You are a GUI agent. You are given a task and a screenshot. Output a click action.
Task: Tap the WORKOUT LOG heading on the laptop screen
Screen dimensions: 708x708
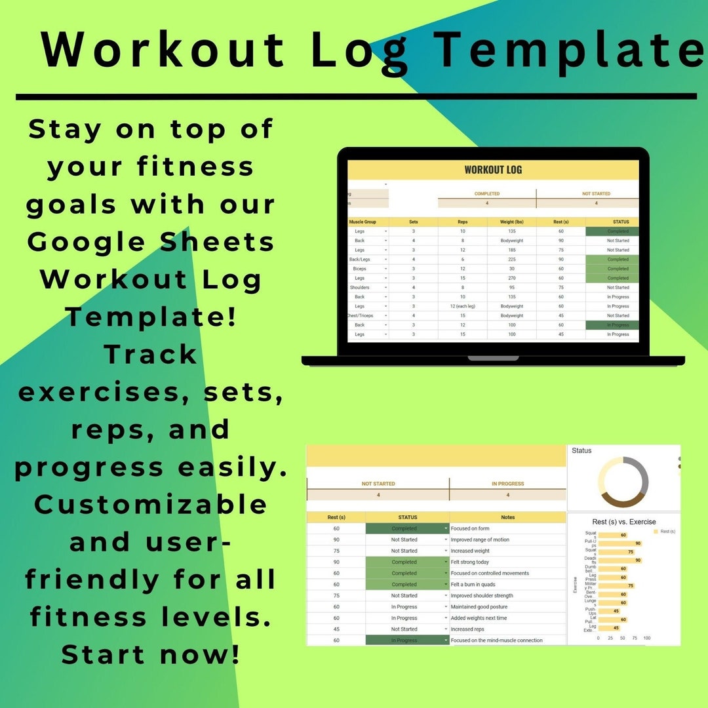493,170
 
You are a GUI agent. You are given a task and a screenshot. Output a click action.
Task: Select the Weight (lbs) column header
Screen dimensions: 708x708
511,222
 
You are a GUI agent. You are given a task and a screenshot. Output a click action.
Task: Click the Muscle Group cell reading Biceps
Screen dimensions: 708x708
360,269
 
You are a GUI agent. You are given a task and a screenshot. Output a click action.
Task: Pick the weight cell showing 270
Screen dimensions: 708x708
511,278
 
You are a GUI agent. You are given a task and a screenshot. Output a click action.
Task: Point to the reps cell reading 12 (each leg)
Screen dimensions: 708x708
463,306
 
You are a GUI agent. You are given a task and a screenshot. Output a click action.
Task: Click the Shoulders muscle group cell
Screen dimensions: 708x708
360,287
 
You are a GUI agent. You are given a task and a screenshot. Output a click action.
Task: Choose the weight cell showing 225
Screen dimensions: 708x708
511,260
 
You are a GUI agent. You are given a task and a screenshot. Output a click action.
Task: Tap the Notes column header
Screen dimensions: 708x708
507,517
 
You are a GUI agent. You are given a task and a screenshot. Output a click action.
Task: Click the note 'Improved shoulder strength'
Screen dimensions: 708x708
482,596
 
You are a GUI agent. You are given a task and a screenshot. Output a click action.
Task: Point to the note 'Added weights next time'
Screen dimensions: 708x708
479,618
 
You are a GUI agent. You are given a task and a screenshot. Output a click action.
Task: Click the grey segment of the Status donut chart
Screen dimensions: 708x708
639,473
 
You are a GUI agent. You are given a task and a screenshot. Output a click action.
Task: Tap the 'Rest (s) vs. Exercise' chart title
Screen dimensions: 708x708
623,522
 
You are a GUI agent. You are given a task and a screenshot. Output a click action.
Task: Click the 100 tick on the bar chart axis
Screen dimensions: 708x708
647,638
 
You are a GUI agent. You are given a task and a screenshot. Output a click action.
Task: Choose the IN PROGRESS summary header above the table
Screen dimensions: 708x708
508,484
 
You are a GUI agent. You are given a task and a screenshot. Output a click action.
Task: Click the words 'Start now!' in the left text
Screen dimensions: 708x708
151,654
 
